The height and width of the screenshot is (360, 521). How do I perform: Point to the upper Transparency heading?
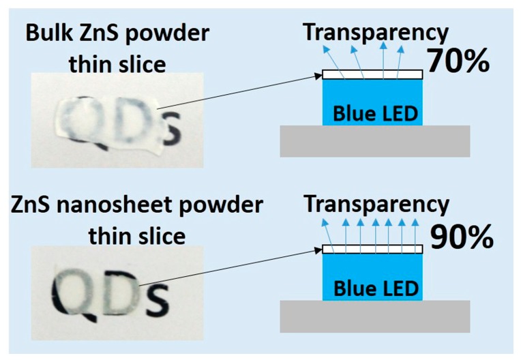pyautogui.click(x=376, y=31)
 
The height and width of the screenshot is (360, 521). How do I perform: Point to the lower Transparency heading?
pyautogui.click(x=376, y=204)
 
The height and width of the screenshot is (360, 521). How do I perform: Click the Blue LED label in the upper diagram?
pyautogui.click(x=374, y=114)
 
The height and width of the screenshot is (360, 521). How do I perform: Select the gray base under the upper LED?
pyautogui.click(x=374, y=141)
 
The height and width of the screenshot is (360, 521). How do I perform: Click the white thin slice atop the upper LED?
pyautogui.click(x=373, y=74)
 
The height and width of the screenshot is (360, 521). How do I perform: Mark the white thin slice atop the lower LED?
pyautogui.click(x=373, y=249)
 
